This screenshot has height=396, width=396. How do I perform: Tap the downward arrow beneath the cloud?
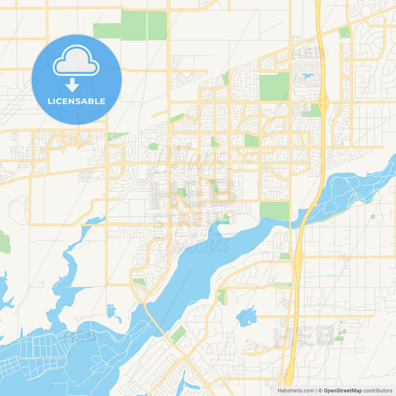(x=72, y=83)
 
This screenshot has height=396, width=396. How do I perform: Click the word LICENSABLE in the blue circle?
(x=77, y=101)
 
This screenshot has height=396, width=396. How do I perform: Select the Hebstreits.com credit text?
(x=295, y=390)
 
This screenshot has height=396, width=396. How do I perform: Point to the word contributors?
(x=378, y=390)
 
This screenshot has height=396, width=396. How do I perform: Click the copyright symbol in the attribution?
(x=320, y=390)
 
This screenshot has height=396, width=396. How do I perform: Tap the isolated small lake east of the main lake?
(x=246, y=317)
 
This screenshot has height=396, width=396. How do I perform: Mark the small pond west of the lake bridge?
(x=113, y=311)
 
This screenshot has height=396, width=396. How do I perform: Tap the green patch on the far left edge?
(x=4, y=242)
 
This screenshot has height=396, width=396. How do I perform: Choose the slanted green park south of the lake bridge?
(x=178, y=334)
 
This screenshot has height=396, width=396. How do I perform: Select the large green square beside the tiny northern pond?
(x=274, y=86)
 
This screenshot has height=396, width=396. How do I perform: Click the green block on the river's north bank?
(x=274, y=210)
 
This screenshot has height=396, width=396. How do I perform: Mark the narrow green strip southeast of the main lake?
(x=221, y=296)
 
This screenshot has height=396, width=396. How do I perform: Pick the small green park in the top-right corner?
(x=345, y=33)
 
